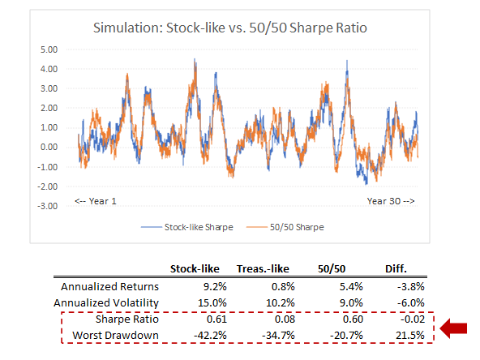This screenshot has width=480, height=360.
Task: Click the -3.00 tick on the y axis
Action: [x=50, y=206]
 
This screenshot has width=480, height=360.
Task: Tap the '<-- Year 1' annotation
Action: [x=96, y=199]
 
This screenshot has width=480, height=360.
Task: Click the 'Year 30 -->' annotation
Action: [x=392, y=199]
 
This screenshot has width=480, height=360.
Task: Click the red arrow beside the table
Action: [x=455, y=328]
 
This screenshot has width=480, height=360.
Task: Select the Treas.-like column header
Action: [x=261, y=269]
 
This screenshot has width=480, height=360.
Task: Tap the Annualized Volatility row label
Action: [x=107, y=303]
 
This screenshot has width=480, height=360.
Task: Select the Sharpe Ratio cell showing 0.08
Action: [x=275, y=319]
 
